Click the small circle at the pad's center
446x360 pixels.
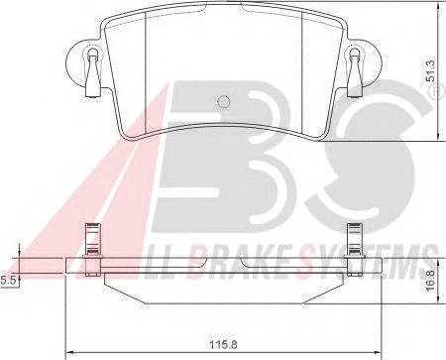[x=223, y=101]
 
